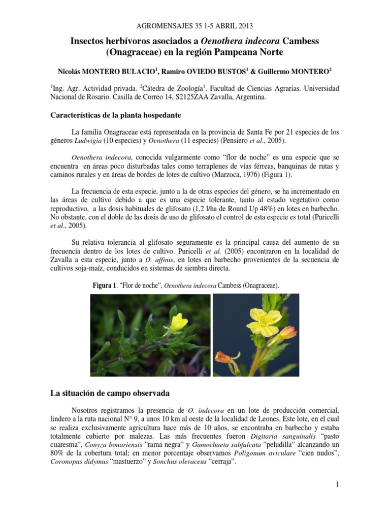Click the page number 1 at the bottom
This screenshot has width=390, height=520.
coord(336,485)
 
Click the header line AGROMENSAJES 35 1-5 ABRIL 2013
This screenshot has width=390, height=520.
coord(195,26)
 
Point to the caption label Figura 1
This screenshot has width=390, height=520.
coord(105,286)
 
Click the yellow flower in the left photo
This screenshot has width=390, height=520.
coord(178,321)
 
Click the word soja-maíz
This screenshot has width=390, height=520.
coord(106,269)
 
